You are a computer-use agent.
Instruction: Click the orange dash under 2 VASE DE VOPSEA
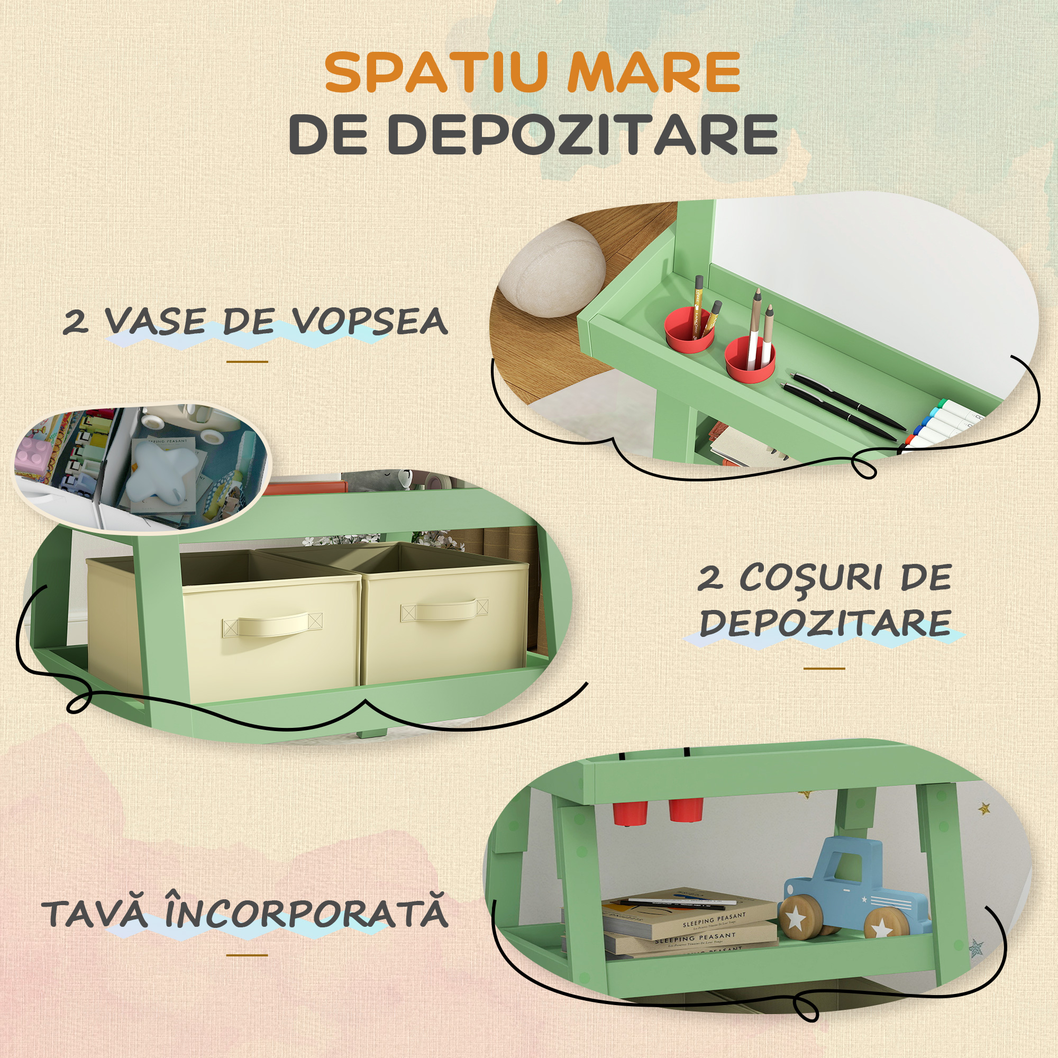coord(247,362)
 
